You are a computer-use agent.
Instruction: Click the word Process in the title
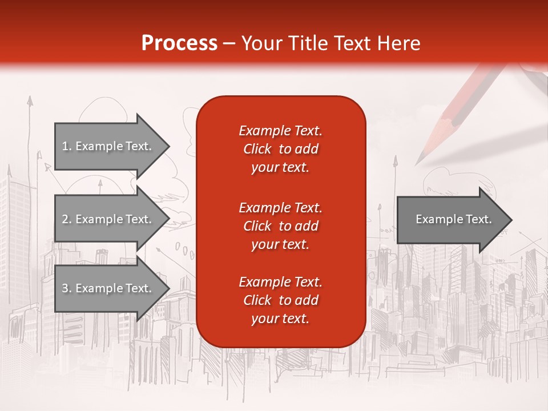pos(179,43)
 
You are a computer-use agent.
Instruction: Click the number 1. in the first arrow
pos(67,146)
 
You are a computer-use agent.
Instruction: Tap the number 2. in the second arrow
pos(67,219)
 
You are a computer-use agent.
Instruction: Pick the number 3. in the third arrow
pos(67,288)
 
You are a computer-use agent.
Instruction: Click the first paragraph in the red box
pos(280,149)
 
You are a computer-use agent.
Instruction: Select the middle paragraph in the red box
pos(280,226)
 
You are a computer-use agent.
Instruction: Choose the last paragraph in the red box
pos(280,300)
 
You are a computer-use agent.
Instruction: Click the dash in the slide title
pos(229,43)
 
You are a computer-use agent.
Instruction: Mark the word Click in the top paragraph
pos(257,149)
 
